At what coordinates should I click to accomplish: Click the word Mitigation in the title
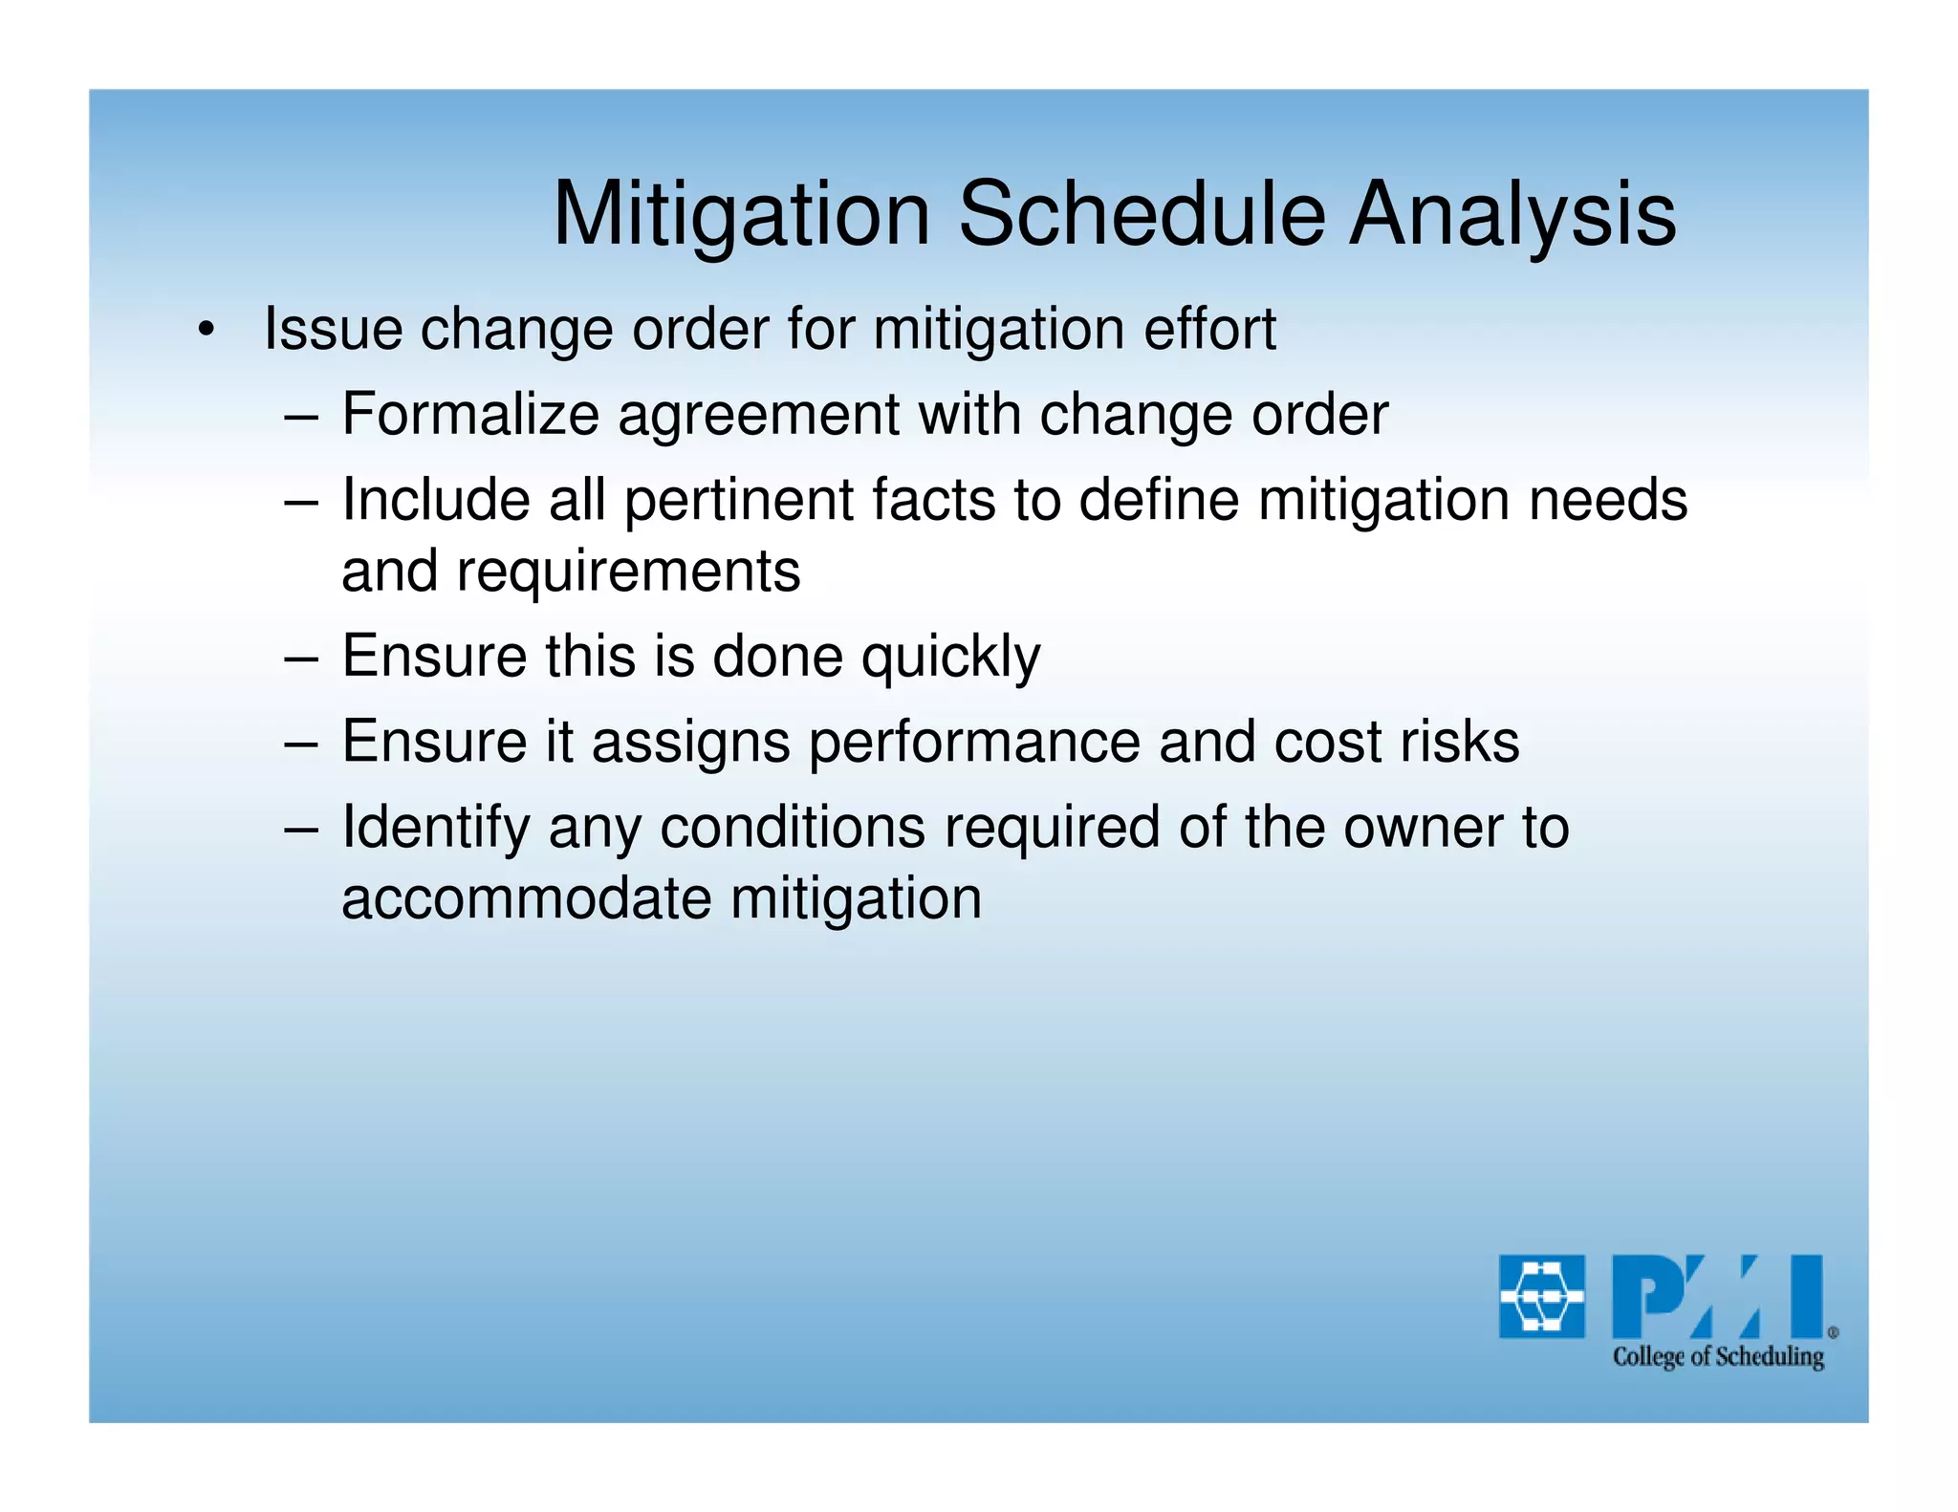[741, 214]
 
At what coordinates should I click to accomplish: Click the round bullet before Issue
[205, 331]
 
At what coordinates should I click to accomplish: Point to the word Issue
[333, 329]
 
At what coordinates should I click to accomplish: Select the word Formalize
[469, 415]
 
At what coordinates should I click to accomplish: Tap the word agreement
[758, 417]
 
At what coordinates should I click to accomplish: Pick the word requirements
[628, 572]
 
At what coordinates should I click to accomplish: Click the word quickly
[950, 659]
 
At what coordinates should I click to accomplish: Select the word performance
[974, 744]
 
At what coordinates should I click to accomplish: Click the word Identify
[435, 829]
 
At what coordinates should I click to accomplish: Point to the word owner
[1411, 828]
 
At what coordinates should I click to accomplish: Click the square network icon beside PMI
[1541, 1296]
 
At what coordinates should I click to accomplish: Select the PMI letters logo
[1718, 1296]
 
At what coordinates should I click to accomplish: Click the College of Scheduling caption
[1718, 1356]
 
